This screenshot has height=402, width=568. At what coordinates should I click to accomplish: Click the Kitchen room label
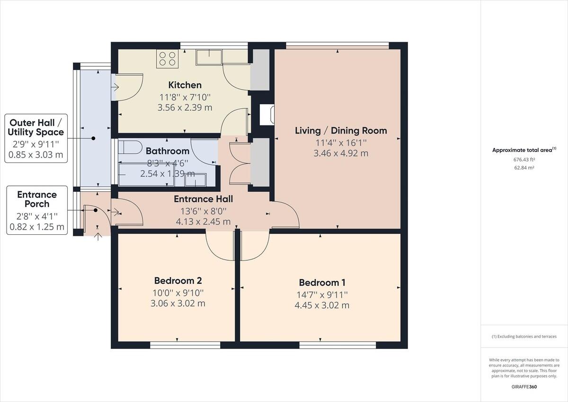tap(185, 85)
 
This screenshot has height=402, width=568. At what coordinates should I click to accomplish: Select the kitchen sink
tap(209, 57)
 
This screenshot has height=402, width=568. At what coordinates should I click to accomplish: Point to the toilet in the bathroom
tap(130, 147)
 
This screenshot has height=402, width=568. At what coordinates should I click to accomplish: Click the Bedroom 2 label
tap(178, 281)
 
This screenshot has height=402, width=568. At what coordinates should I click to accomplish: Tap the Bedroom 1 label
tap(322, 283)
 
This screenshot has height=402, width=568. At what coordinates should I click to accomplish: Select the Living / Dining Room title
tap(341, 131)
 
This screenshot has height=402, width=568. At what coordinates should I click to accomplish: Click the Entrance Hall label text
tap(204, 199)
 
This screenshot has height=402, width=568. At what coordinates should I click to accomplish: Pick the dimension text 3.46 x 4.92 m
tap(341, 153)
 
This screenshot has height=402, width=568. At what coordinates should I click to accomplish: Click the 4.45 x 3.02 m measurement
tap(322, 305)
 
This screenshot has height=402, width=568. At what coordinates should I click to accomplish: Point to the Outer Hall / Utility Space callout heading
tap(36, 127)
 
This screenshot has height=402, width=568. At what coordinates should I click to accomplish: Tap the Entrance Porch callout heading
tap(37, 199)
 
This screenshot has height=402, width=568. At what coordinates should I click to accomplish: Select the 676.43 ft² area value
tap(524, 160)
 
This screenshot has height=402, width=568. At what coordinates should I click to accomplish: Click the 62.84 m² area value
tap(524, 168)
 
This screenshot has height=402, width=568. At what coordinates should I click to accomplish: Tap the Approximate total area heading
tap(524, 150)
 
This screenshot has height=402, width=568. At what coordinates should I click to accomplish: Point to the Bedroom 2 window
tap(185, 345)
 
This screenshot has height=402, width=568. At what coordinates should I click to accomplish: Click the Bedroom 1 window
tap(337, 345)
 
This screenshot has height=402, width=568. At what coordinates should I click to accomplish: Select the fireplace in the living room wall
tap(267, 115)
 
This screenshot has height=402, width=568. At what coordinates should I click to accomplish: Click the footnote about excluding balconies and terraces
tap(524, 337)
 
